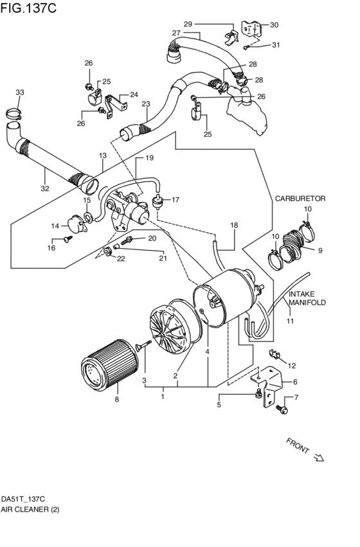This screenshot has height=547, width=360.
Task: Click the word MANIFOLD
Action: coord(307,301)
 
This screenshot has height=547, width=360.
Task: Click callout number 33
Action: coord(20,93)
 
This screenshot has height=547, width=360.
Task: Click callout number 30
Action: coord(274,25)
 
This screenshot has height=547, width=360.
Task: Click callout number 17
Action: coord(175,200)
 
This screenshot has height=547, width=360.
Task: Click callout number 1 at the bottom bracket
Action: coord(163,397)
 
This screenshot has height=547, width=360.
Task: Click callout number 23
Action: coord(146,103)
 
